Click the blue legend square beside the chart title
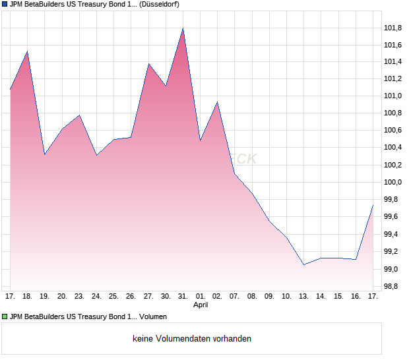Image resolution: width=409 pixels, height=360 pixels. pyautogui.click(x=5, y=4)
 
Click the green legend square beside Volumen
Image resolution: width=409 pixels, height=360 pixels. pyautogui.click(x=5, y=317)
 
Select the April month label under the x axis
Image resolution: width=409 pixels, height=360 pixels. pyautogui.click(x=201, y=305)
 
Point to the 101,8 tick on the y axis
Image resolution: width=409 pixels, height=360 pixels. pyautogui.click(x=393, y=28)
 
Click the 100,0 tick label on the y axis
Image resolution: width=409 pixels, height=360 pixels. pyautogui.click(x=393, y=183)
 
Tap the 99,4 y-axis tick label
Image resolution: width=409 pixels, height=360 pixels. pyautogui.click(x=393, y=235)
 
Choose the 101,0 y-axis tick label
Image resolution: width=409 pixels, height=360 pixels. pyautogui.click(x=393, y=96)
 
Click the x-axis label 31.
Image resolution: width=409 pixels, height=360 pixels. pyautogui.click(x=183, y=297)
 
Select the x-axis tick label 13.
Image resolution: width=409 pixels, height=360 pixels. pyautogui.click(x=303, y=297)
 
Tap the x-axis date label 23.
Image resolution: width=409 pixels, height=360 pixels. pyautogui.click(x=79, y=297)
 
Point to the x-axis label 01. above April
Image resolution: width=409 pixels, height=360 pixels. pyautogui.click(x=201, y=297)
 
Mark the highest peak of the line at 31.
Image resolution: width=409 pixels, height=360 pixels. pyautogui.click(x=183, y=28)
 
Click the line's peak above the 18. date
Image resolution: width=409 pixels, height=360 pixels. pyautogui.click(x=27, y=51)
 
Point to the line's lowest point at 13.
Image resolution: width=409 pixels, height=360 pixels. pyautogui.click(x=303, y=264)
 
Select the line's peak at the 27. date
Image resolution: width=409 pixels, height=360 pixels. pyautogui.click(x=148, y=64)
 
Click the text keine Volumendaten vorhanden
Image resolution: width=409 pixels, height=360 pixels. pyautogui.click(x=191, y=339)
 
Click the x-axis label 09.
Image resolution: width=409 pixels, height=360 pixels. pyautogui.click(x=269, y=297)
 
